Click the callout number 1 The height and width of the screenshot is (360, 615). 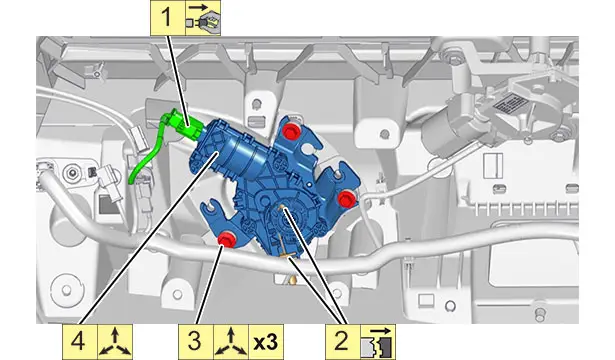[167, 18]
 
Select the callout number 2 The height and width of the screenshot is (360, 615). [342, 341]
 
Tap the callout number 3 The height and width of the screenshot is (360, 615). [195, 341]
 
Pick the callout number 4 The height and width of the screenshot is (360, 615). [78, 341]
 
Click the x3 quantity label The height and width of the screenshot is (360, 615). [266, 342]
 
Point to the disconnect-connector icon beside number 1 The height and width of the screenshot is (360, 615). [203, 18]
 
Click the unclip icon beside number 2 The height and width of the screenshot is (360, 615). [378, 342]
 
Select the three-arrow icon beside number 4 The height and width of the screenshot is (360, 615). [115, 342]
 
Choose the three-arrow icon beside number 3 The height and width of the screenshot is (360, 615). [231, 342]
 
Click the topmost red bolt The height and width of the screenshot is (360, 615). [291, 131]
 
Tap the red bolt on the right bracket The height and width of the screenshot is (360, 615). [346, 198]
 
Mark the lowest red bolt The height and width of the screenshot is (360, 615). [226, 240]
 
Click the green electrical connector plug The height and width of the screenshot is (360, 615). [184, 124]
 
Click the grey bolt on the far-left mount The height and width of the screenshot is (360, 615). [72, 173]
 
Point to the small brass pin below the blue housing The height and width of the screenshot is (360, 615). [291, 280]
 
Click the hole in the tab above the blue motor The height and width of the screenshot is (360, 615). [256, 104]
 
